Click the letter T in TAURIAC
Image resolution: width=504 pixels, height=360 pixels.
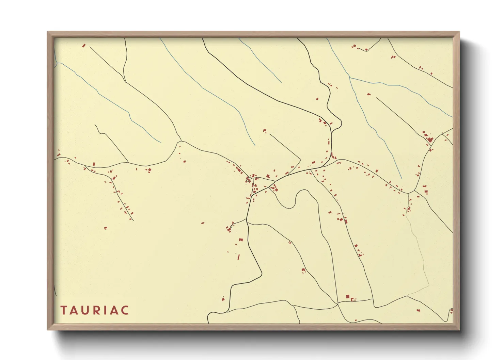tap(64, 310)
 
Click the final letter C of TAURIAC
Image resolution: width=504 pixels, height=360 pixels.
tap(125, 310)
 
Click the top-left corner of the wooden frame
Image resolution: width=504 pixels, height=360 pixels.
tap(48, 32)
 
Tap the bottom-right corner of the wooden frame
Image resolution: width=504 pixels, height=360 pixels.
tap(459, 329)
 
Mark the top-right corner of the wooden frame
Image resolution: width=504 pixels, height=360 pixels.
tap(459, 32)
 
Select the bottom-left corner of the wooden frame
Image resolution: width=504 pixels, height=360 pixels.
tap(48, 329)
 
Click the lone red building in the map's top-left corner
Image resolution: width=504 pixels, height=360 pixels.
tap(84, 45)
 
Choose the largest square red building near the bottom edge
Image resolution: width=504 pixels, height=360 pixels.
tap(348, 297)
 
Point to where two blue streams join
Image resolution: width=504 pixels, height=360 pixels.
tap(350, 78)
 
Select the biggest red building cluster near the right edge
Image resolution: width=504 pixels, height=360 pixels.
tap(430, 140)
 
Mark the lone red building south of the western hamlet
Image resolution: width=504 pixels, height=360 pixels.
tap(106, 228)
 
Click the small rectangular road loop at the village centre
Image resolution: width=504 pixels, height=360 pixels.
tap(249, 179)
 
